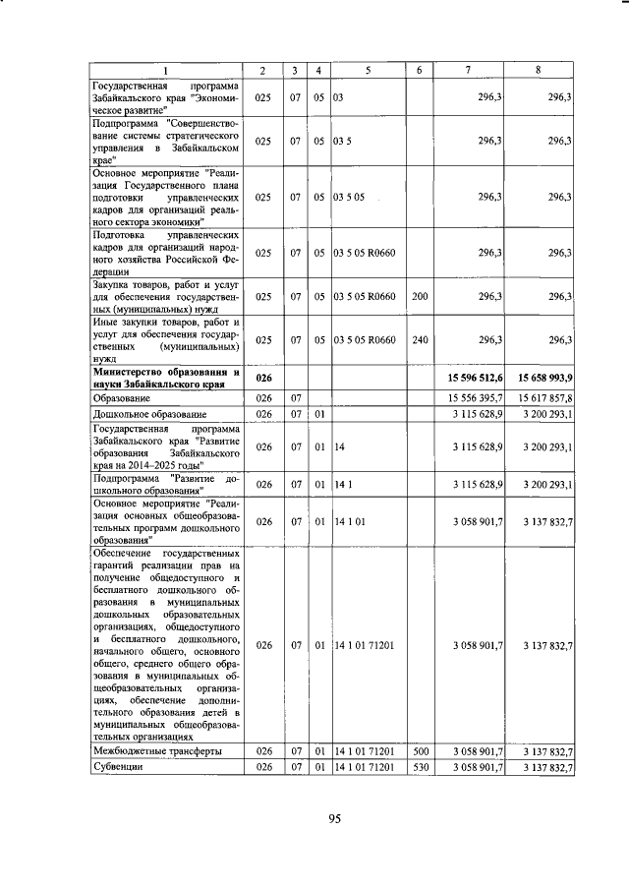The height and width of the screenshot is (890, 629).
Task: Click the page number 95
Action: pos(333,822)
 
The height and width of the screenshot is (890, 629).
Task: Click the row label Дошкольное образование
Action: pos(137,415)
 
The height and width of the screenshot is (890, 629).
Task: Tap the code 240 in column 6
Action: pos(420,340)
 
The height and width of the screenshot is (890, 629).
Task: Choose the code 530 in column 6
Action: pos(420,767)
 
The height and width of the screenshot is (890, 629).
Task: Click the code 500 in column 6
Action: pos(420,750)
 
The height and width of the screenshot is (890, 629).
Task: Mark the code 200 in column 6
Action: pos(420,296)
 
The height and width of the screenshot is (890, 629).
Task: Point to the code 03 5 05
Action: pos(349,197)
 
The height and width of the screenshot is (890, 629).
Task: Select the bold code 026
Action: pos(262,378)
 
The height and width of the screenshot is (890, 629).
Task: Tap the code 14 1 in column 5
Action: pos(343,485)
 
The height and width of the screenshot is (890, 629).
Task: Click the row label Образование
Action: pos(122,397)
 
